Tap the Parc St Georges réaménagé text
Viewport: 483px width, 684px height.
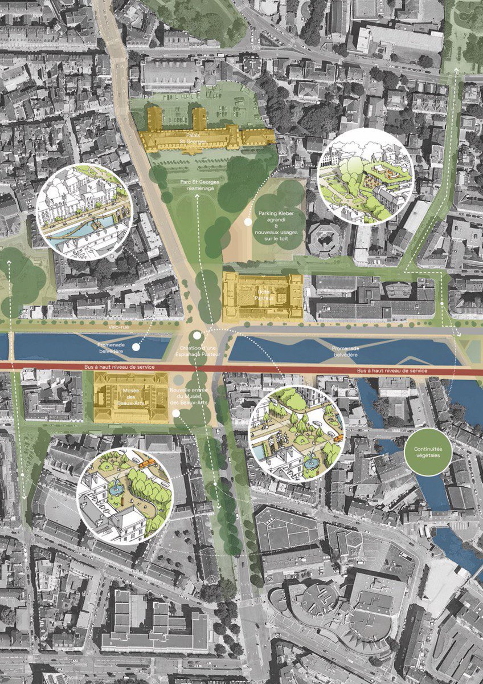[x=195, y=185]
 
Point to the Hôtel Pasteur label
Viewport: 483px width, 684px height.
[x=261, y=296]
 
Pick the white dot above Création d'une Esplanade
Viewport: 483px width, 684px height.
[x=197, y=336]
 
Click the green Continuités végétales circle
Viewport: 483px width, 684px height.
[x=433, y=453]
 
